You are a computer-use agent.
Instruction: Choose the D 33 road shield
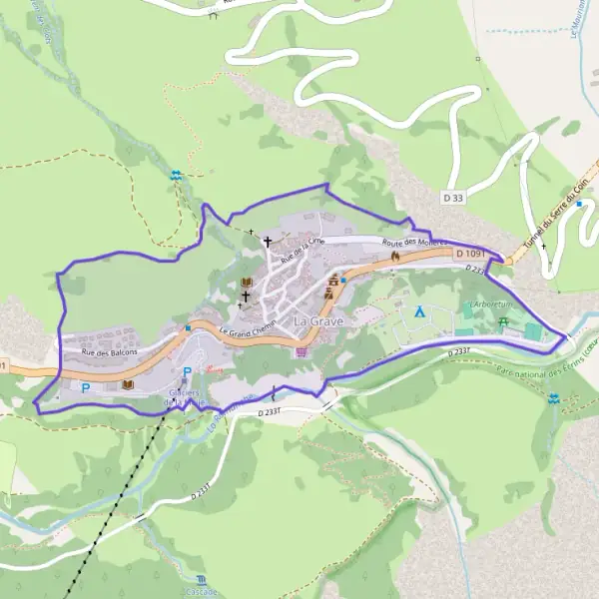pos(452,199)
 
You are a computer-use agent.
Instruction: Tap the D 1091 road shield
pos(469,255)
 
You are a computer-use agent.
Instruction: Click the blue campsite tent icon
pos(420,311)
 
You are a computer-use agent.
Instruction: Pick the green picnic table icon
pos(502,321)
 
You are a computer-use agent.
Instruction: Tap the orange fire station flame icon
pos(395,257)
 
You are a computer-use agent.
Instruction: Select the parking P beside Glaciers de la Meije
pos(187,372)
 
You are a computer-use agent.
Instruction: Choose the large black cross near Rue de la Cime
pos(267,241)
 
